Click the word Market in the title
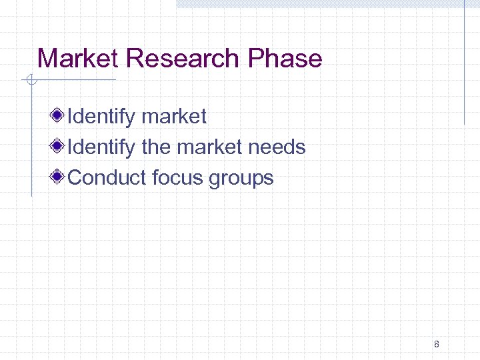pos(78,59)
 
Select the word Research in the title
pos(183,59)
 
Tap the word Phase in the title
pos(285,59)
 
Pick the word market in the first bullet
pos(174,117)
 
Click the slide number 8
pos(436,345)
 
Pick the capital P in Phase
pos(255,59)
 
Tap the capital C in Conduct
pos(75,178)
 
